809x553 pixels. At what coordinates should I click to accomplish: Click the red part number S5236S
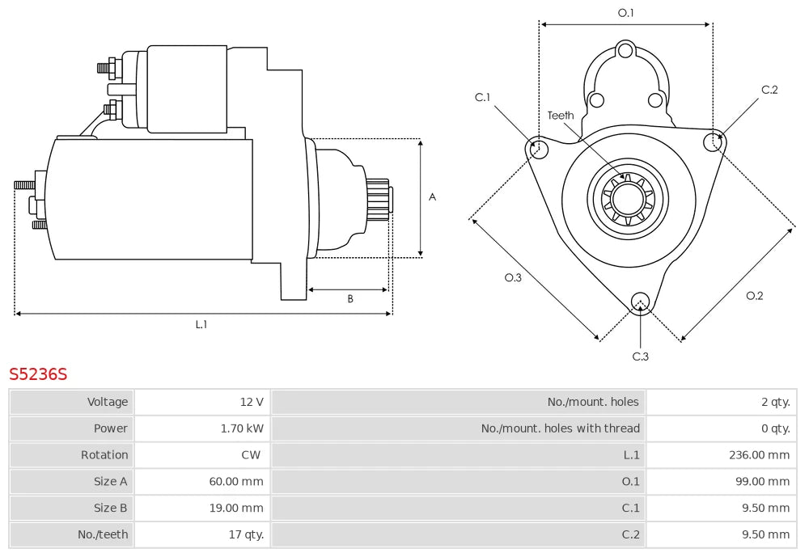tap(38, 374)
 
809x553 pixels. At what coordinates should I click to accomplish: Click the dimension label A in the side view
tap(432, 196)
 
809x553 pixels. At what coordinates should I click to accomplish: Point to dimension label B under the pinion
tap(350, 299)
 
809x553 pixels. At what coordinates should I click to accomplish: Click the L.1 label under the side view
tap(201, 325)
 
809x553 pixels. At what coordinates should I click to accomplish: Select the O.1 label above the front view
tap(625, 13)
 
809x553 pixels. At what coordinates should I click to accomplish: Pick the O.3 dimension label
tap(513, 277)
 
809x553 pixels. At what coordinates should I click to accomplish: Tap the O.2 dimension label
tap(754, 296)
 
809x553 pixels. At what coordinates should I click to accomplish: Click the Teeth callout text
tap(561, 116)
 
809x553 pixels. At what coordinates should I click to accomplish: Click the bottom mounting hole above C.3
tap(640, 301)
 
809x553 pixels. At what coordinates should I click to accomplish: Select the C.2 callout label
tap(769, 90)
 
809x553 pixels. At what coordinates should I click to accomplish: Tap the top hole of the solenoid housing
tap(625, 51)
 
